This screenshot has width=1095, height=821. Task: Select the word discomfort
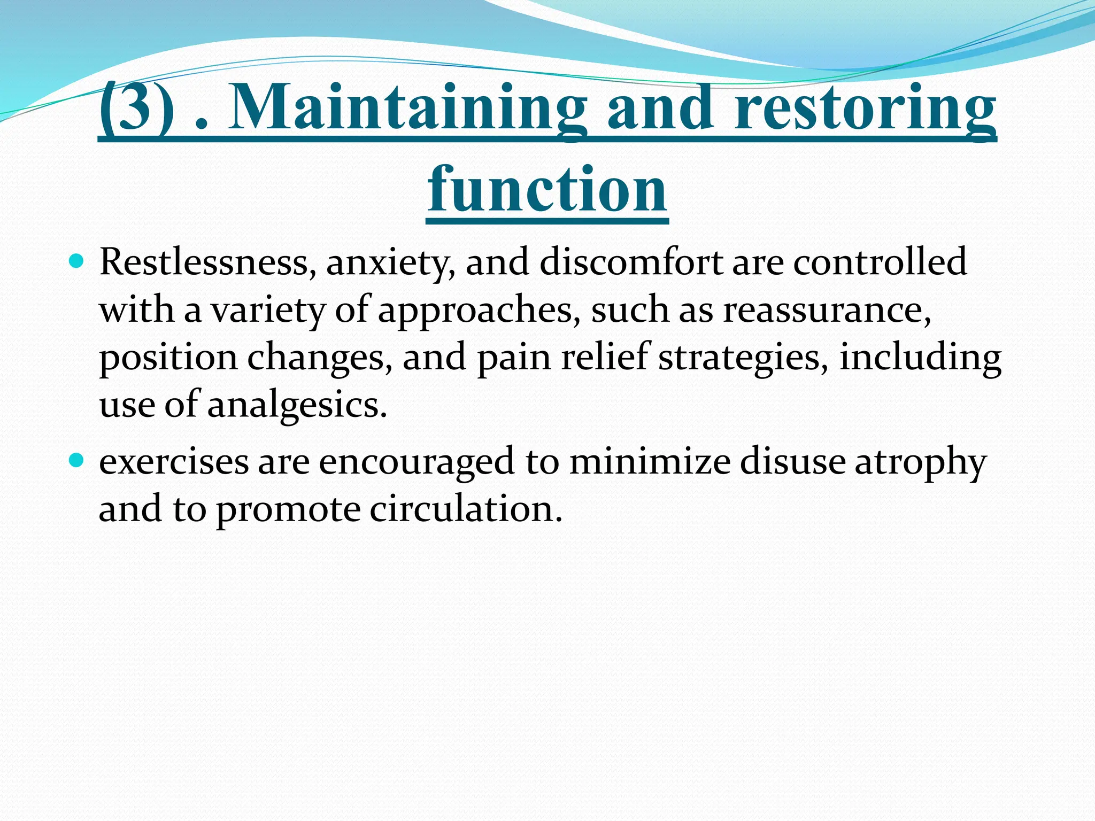631,262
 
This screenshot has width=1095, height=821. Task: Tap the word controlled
880,262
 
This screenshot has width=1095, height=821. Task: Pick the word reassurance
827,310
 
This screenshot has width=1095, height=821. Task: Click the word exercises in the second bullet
174,462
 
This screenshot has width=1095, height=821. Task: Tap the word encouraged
417,462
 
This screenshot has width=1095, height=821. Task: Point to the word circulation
466,509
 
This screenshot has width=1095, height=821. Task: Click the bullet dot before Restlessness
77,262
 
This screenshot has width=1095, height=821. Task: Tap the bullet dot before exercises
77,460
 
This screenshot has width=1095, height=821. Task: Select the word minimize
649,462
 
